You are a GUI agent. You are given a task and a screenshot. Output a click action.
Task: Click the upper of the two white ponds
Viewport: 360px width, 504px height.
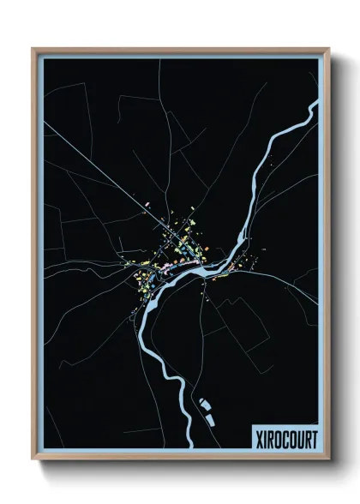[203, 401]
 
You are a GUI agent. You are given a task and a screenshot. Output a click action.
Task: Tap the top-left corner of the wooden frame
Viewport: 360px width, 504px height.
[33, 50]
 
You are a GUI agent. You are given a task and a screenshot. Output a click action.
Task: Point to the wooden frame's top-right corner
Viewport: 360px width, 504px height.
[328, 50]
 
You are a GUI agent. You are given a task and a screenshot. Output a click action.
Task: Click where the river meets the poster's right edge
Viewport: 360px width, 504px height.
[317, 105]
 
